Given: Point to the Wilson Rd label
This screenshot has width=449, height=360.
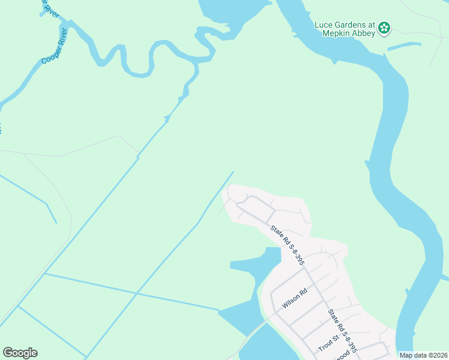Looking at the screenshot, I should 295,298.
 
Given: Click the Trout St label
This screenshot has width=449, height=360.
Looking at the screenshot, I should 328,343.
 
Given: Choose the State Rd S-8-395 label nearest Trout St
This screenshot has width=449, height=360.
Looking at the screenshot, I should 343,330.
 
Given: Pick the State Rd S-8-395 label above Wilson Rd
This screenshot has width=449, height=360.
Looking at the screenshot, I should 288,245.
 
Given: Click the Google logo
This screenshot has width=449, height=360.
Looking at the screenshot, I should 20,353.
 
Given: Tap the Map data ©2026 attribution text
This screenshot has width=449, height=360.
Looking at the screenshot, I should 423,355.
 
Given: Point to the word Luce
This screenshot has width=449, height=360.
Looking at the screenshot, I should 325,25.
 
